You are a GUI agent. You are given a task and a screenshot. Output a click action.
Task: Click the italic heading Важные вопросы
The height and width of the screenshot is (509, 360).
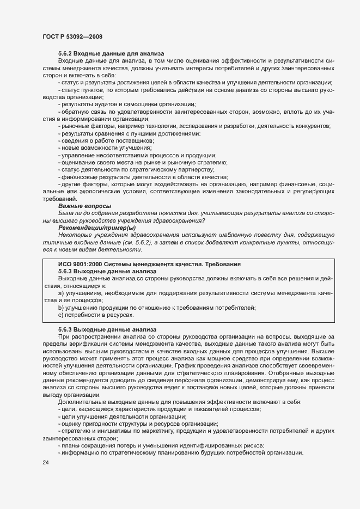click(x=84, y=206)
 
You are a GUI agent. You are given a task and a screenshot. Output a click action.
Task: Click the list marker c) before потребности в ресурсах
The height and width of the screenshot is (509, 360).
click(x=60, y=315)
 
